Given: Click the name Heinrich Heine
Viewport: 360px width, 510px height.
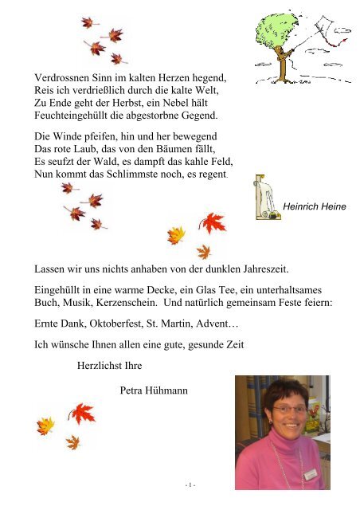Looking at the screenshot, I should pos(315,207).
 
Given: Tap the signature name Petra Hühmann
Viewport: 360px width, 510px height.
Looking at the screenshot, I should pos(156,390).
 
